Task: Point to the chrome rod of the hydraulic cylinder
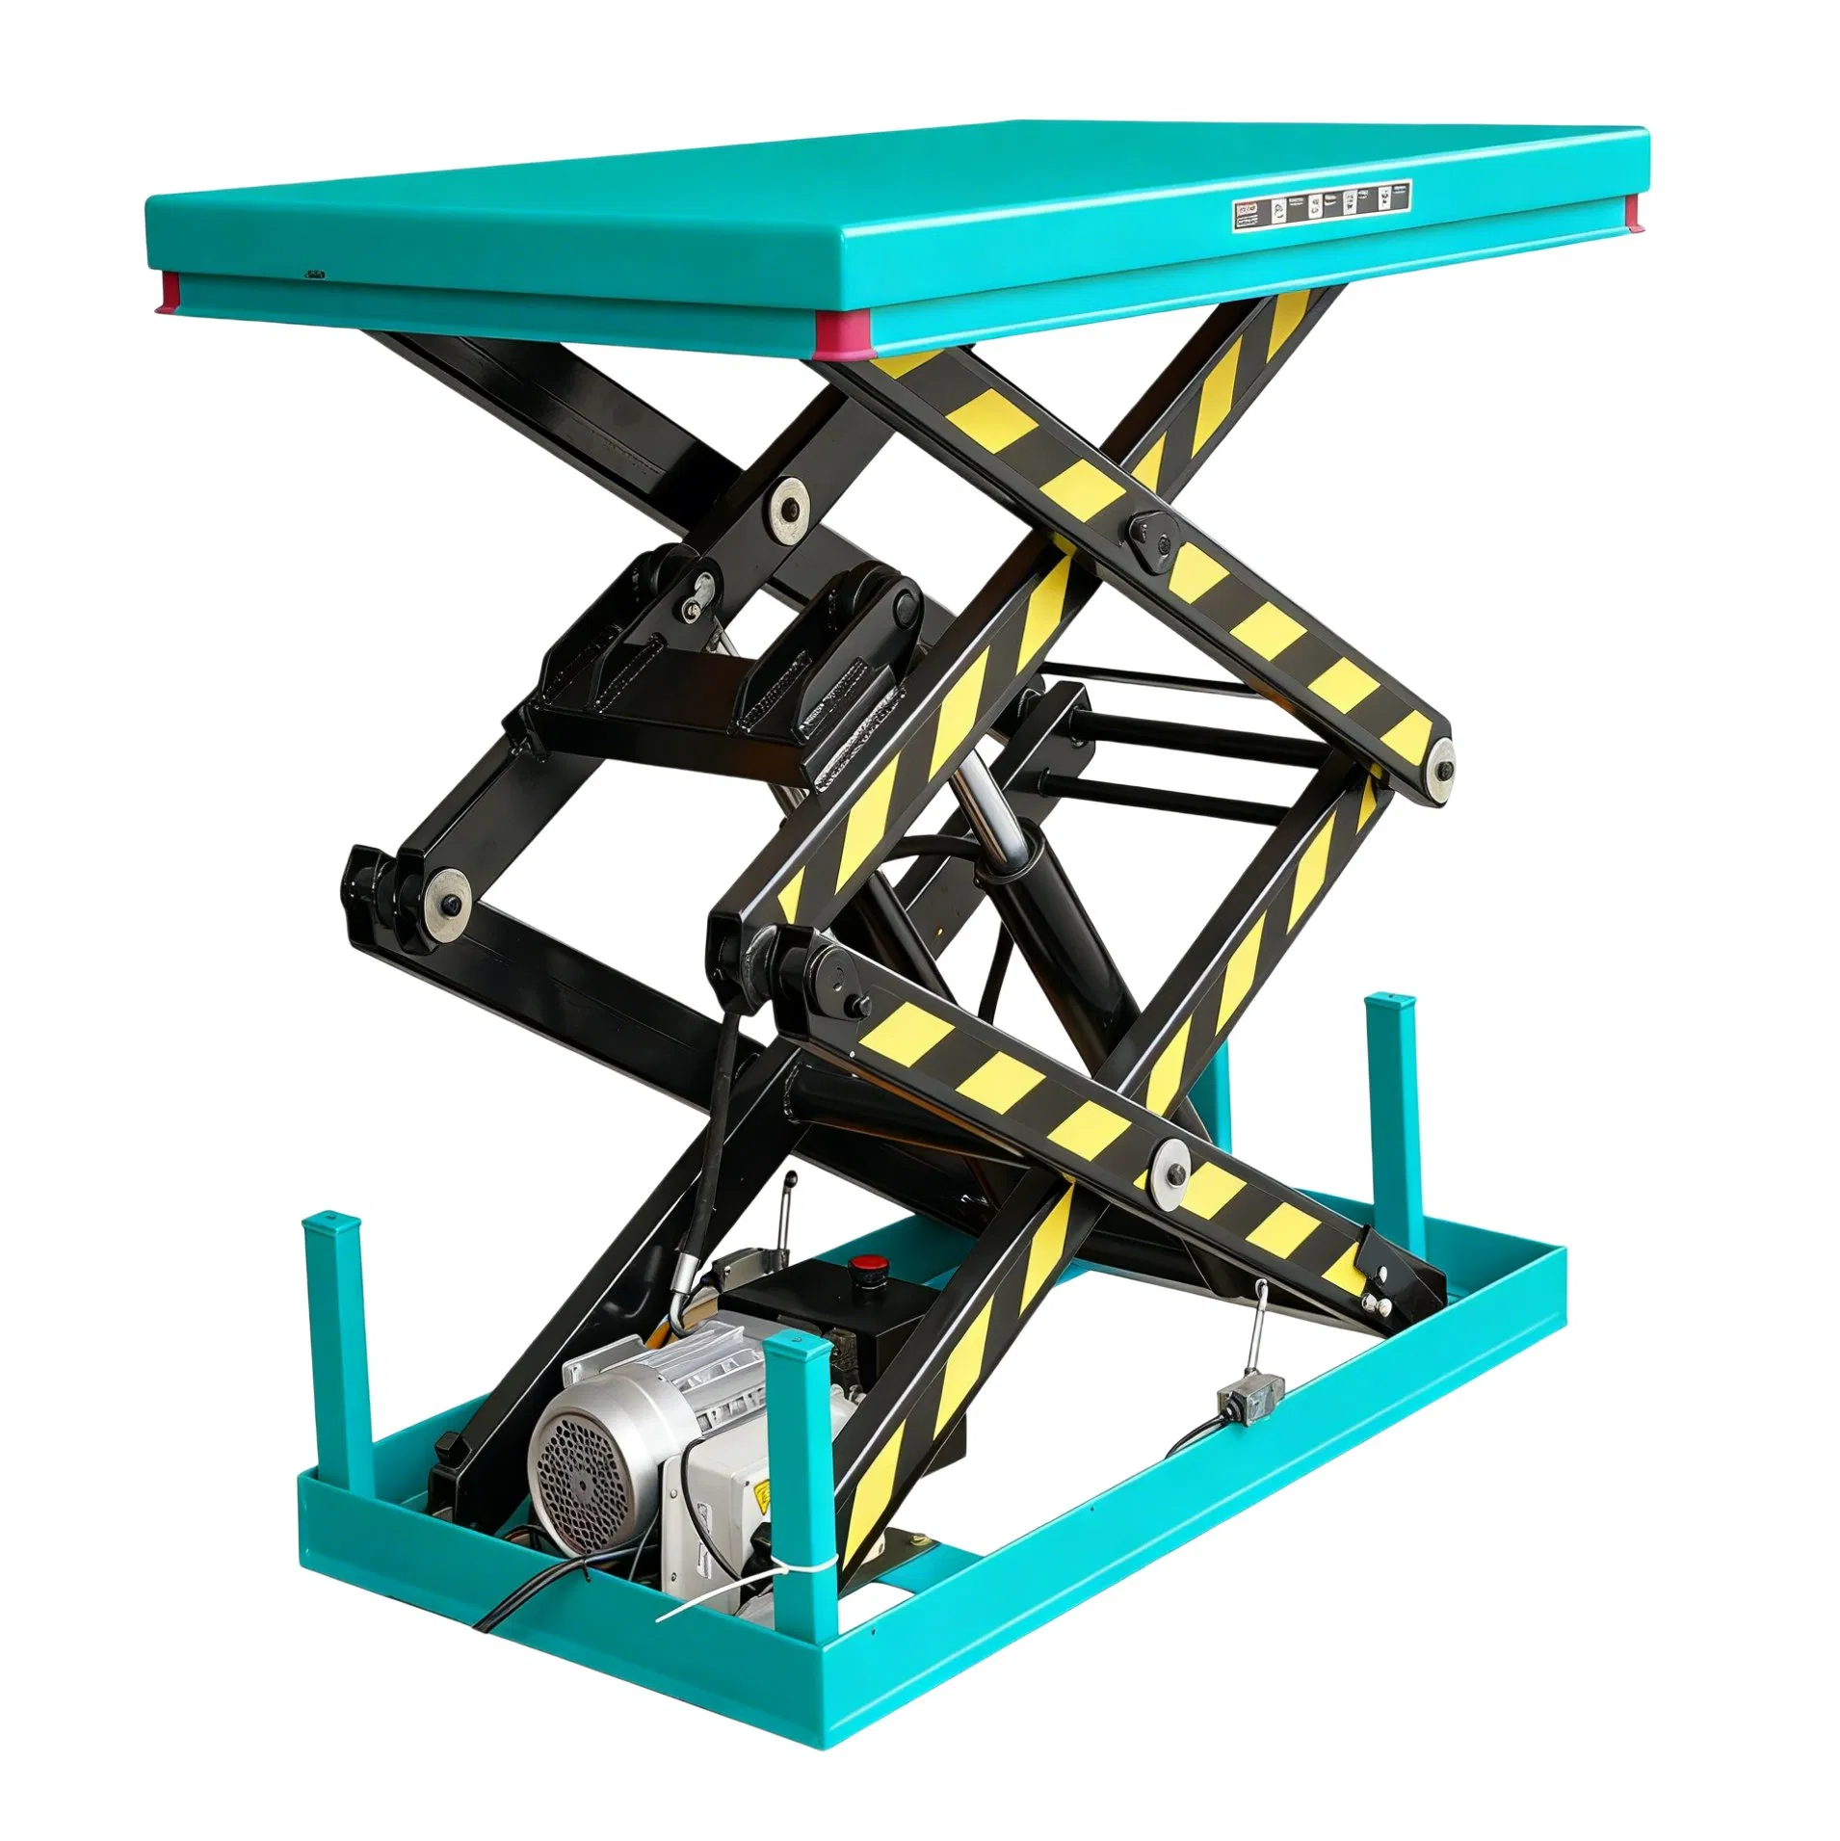[998, 805]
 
